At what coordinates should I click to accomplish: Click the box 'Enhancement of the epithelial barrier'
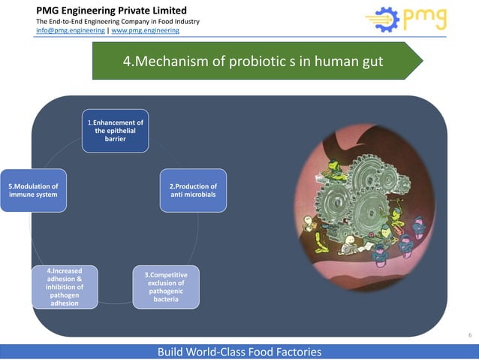(115, 130)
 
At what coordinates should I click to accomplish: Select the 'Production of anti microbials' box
(193, 190)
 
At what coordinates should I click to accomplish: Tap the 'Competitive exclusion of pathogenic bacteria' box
(166, 286)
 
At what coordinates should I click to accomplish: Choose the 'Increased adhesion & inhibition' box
(65, 286)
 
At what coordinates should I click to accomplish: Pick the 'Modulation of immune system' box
(32, 190)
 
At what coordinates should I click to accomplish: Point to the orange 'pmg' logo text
(425, 18)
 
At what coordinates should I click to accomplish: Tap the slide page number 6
(470, 334)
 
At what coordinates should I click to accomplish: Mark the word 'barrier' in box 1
(115, 139)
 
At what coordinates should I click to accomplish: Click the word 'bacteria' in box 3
(166, 300)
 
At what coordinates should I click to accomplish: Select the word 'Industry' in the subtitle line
(184, 21)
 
